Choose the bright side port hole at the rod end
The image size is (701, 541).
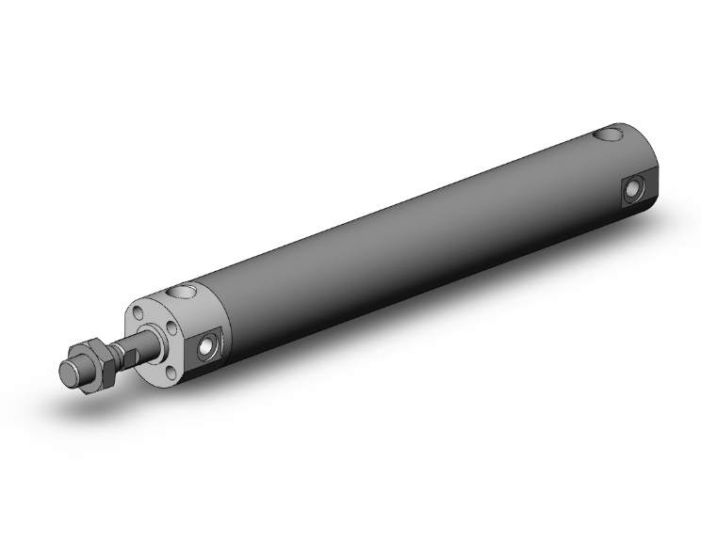[x=207, y=350]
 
